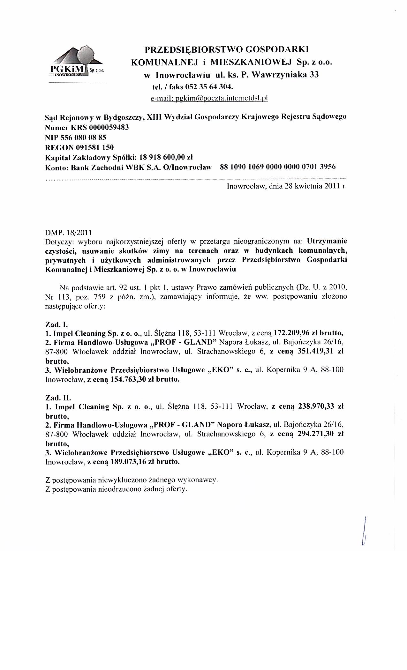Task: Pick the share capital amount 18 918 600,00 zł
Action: (x=164, y=157)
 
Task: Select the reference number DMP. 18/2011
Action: (x=69, y=232)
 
